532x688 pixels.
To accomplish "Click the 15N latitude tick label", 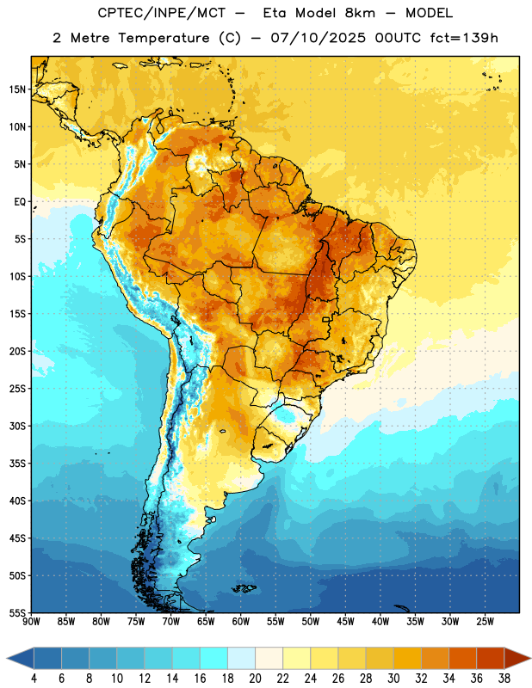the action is click(x=16, y=89).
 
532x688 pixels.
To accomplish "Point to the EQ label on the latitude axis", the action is click(x=20, y=202).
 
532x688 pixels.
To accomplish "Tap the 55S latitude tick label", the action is click(x=16, y=612).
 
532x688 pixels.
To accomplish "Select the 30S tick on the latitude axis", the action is click(x=16, y=426).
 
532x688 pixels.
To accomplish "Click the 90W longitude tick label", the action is click(x=31, y=621).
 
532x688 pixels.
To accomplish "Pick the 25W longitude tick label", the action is click(x=485, y=621).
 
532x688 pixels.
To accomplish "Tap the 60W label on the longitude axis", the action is click(x=241, y=621).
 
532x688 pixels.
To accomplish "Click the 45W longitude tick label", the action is click(x=345, y=621).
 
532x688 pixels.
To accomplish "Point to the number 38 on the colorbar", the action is click(x=504, y=679).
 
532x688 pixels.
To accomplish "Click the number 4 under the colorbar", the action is click(x=34, y=679).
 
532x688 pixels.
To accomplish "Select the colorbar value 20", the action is click(x=255, y=679).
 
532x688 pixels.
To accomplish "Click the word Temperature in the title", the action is click(x=164, y=38).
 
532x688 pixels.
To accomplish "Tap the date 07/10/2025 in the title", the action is click(x=318, y=38).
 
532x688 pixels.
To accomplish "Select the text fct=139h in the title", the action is click(x=464, y=38).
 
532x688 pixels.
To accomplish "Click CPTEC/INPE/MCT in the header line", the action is click(x=161, y=13).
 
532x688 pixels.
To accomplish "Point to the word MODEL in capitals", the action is click(x=429, y=13).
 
